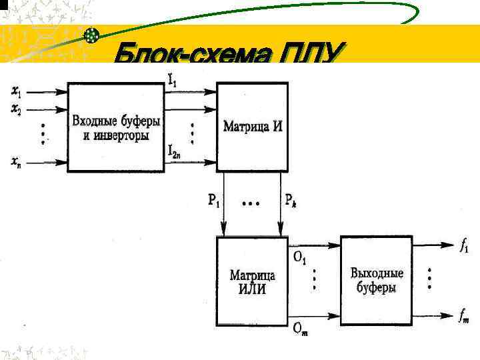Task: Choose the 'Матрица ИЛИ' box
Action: pos(253,281)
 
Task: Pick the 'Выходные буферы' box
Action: pos(377,280)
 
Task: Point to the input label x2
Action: pos(16,108)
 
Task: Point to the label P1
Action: pos(213,199)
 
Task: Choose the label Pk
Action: pos(291,199)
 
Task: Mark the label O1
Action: pos(299,254)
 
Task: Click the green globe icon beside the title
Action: pos(93,35)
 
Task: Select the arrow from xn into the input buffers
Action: pos(47,160)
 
